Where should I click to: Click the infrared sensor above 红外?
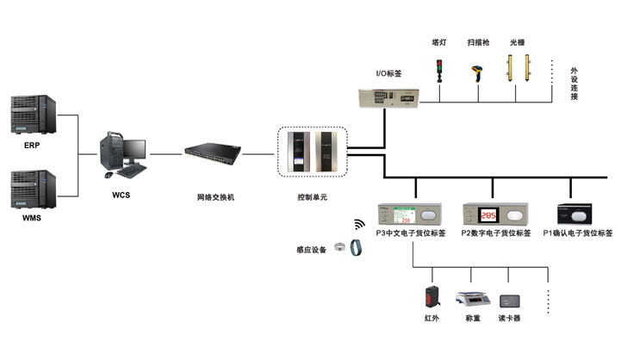point(432,297)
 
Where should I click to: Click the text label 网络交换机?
point(215,197)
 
